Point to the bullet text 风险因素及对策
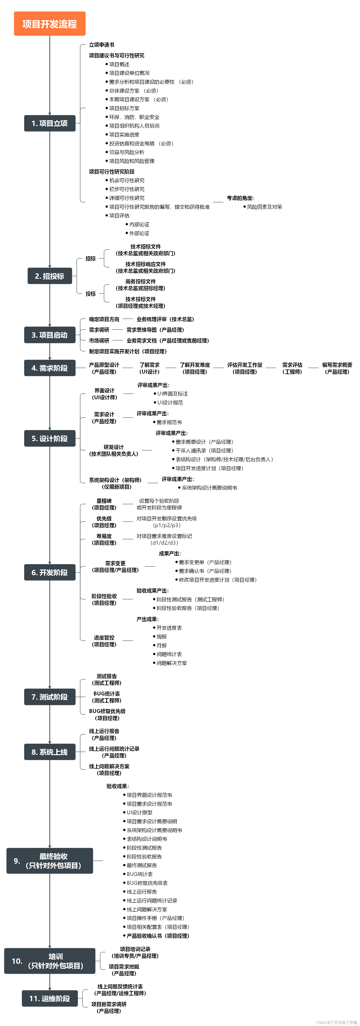click(x=265, y=207)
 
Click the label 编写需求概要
click(x=337, y=365)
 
